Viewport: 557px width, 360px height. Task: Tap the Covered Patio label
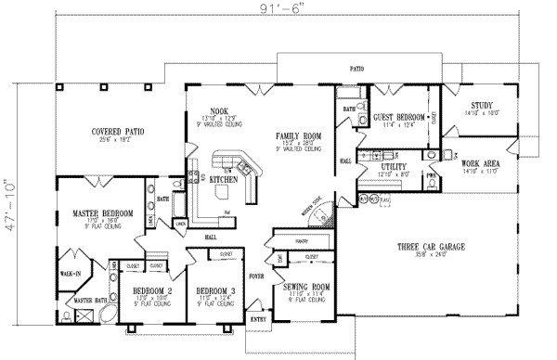pyautogui.click(x=121, y=131)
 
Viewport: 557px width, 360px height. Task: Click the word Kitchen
pyautogui.click(x=222, y=179)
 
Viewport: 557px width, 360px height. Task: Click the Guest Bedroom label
pyautogui.click(x=398, y=118)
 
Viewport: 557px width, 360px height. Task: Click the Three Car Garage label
pyautogui.click(x=433, y=247)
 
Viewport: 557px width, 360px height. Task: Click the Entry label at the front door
pyautogui.click(x=257, y=320)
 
